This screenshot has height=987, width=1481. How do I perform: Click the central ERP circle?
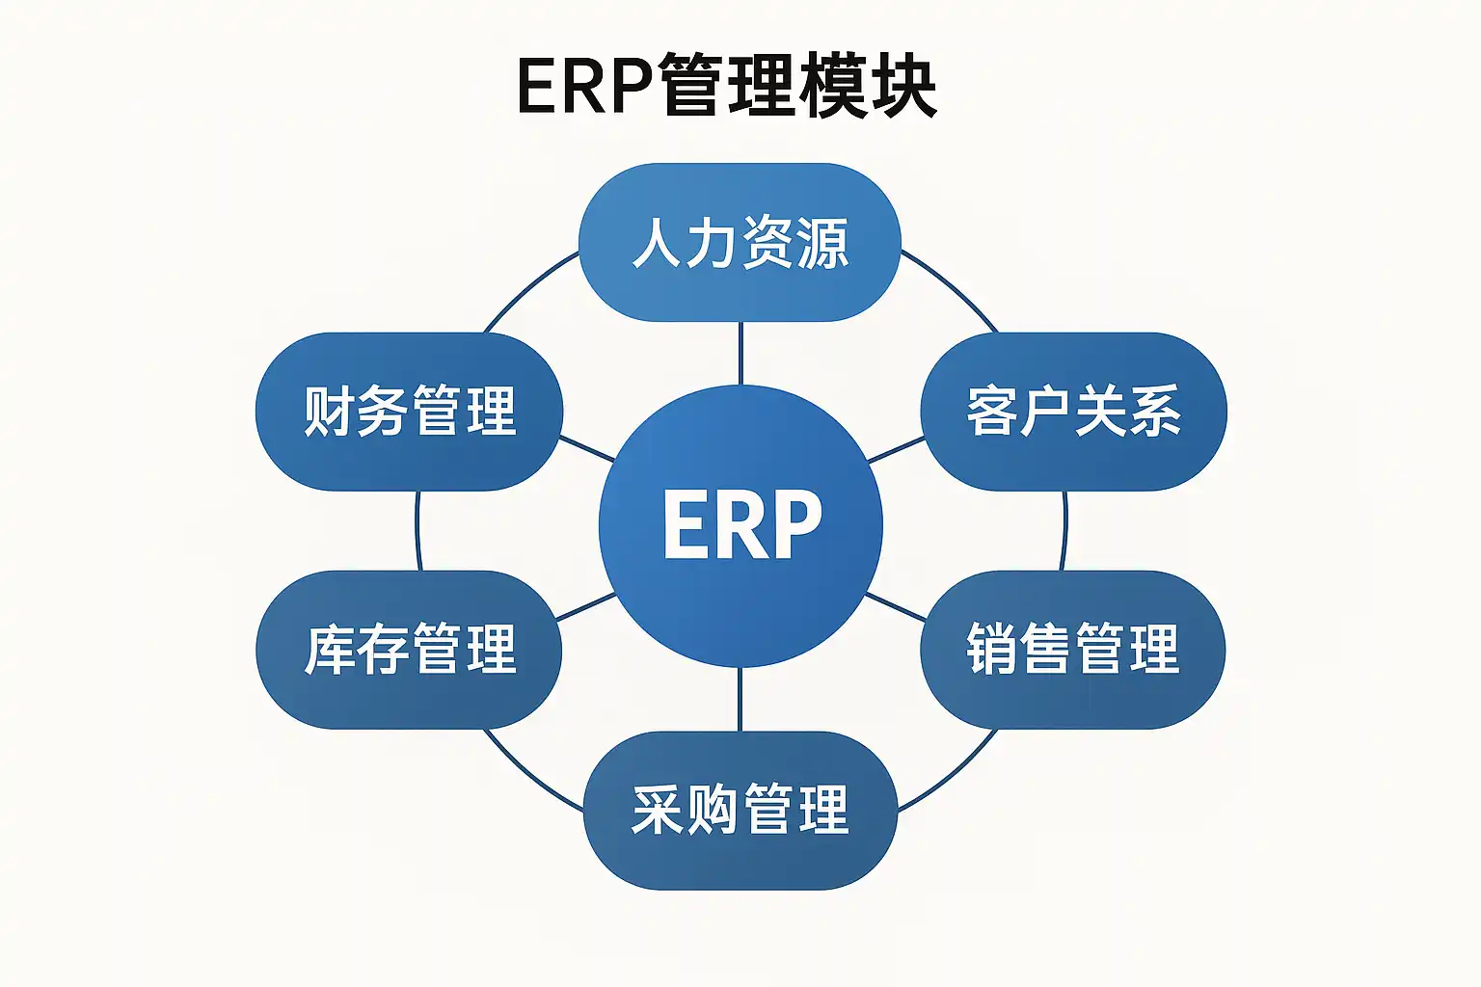point(740,526)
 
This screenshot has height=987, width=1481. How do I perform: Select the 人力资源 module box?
point(740,242)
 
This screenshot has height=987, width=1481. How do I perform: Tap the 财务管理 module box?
point(409,412)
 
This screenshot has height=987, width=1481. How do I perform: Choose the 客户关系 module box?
point(1074,412)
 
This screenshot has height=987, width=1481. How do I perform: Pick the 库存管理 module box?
point(409,650)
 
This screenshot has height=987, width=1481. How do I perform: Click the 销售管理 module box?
point(1073,650)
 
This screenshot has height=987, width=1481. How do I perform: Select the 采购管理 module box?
point(740,811)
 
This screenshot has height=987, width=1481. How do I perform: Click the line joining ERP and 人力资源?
point(740,354)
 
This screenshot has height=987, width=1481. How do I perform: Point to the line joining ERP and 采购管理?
point(740,700)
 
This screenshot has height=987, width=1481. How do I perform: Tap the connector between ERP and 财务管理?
point(587,448)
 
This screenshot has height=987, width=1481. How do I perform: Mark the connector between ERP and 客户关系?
point(896,449)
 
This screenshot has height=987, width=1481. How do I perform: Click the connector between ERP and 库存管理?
point(586,607)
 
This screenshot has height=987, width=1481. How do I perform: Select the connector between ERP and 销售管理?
point(896,607)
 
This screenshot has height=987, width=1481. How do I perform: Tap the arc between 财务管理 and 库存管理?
point(417,531)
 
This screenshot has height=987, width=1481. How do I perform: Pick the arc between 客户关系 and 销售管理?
point(1064,531)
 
